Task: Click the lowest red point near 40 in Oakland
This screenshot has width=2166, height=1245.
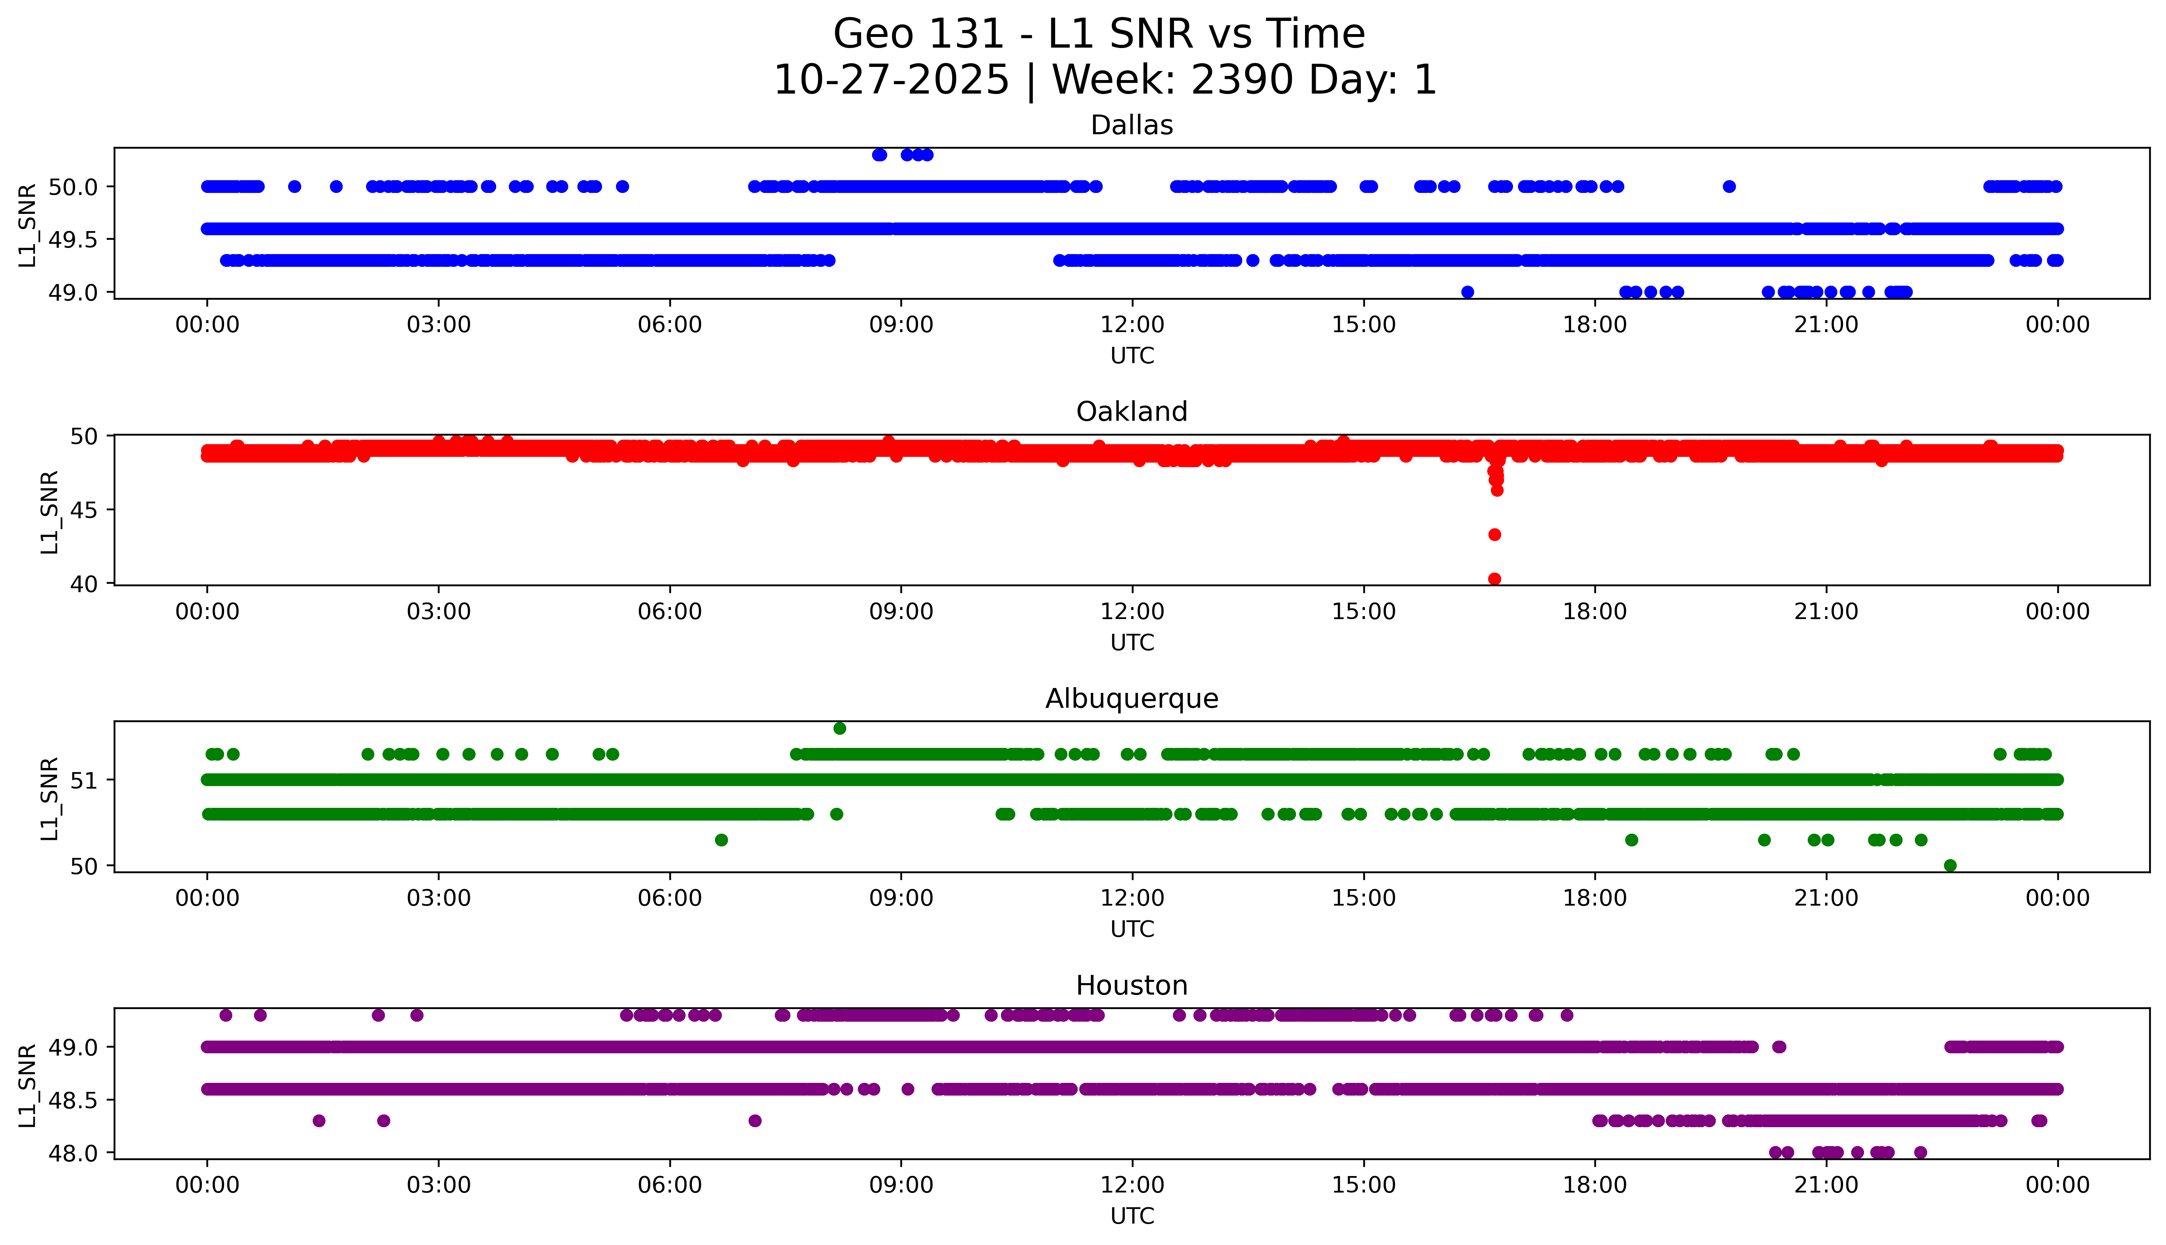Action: [x=1494, y=579]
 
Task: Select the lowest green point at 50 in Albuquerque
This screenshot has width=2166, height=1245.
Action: [x=1950, y=865]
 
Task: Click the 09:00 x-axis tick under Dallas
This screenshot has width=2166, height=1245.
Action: [x=901, y=325]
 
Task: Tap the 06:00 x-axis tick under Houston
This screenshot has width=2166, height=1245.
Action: [x=669, y=1185]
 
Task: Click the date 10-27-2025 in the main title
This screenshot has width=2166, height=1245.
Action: [x=891, y=80]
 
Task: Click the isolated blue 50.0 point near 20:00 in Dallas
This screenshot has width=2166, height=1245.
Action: [x=1729, y=186]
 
